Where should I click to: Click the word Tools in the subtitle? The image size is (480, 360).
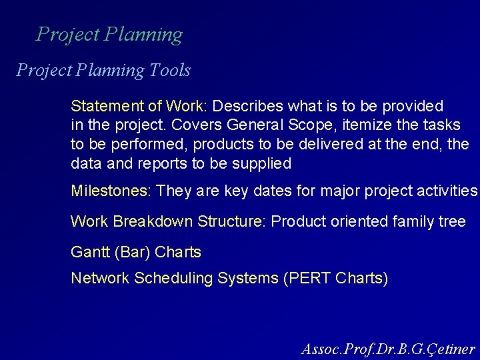click(169, 70)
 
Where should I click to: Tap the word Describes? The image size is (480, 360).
click(244, 106)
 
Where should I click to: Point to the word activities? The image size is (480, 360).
click(446, 192)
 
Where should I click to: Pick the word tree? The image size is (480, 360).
click(452, 221)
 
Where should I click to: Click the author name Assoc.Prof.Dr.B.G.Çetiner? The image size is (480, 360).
click(388, 349)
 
